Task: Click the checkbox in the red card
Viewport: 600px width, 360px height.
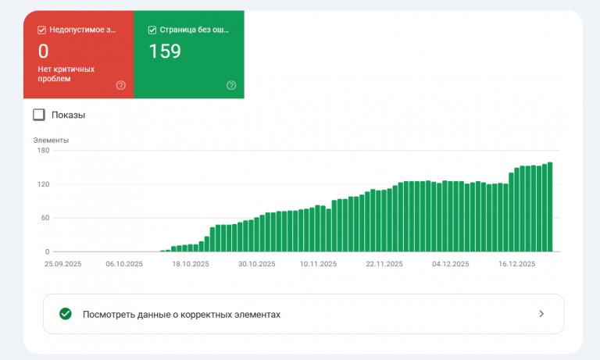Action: click(42, 30)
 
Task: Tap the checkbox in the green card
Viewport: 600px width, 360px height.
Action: click(152, 30)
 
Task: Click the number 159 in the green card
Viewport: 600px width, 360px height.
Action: click(165, 52)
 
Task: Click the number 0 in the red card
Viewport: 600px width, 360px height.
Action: click(43, 52)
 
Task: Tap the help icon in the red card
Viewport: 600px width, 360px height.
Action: click(120, 85)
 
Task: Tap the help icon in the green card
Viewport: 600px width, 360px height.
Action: click(231, 85)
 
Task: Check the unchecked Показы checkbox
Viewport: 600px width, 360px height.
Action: click(39, 115)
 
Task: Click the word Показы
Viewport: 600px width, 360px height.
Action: click(68, 115)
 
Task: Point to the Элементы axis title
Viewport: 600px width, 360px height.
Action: click(51, 141)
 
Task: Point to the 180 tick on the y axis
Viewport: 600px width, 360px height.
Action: click(43, 151)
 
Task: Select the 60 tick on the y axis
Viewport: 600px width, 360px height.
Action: click(45, 218)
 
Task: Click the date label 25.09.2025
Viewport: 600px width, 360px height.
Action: click(62, 264)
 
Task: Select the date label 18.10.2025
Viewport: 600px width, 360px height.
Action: click(192, 264)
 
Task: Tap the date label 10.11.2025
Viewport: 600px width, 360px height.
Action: click(318, 264)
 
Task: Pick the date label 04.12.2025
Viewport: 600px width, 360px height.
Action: click(451, 264)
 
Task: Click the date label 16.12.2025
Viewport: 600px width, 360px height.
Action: click(516, 264)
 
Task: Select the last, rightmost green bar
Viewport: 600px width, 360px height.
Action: click(550, 207)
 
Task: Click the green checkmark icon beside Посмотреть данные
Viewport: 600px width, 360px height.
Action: click(66, 314)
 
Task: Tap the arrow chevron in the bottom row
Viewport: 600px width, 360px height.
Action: click(541, 314)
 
